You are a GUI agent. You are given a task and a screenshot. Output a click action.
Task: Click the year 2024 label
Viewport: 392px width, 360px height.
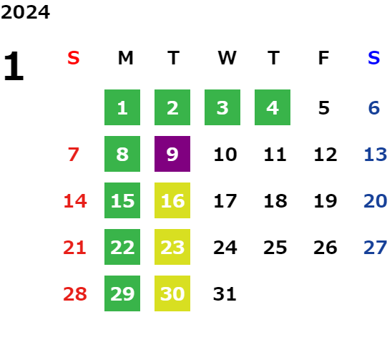(25, 12)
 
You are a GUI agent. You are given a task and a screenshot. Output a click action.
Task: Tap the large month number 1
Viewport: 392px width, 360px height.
(14, 66)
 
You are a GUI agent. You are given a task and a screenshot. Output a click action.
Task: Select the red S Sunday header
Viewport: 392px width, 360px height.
(74, 58)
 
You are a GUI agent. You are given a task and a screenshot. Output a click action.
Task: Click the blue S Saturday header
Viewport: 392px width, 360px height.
(374, 58)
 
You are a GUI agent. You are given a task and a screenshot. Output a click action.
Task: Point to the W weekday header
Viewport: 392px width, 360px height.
(227, 58)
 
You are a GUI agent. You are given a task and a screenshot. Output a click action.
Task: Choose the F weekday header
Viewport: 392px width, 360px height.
(324, 58)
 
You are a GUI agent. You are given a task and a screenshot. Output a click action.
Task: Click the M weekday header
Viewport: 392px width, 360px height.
(125, 58)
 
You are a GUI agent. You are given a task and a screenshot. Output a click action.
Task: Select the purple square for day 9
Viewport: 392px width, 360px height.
(172, 154)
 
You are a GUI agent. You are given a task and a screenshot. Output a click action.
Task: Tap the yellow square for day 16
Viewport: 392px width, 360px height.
(172, 200)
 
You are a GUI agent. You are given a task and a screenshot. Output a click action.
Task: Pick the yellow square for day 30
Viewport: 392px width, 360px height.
(172, 293)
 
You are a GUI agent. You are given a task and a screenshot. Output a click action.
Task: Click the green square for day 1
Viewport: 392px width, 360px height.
(122, 107)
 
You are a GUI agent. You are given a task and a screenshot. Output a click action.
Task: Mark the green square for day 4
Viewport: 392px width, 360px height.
(273, 107)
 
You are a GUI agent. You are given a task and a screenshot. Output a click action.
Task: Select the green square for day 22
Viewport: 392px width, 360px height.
(122, 247)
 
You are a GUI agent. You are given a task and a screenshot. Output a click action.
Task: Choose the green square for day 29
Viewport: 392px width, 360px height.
(122, 293)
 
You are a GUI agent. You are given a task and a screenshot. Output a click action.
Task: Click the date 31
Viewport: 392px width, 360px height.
(225, 293)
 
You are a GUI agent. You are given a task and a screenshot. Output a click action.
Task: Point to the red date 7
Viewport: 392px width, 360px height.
(74, 154)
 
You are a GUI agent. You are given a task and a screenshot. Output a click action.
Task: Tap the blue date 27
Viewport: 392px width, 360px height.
(376, 248)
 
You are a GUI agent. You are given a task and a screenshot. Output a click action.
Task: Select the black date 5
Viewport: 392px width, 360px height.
(324, 108)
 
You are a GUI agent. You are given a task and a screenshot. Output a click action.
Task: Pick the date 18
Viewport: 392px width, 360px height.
(275, 200)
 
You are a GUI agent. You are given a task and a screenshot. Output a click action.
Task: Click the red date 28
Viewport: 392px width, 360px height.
(75, 293)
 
